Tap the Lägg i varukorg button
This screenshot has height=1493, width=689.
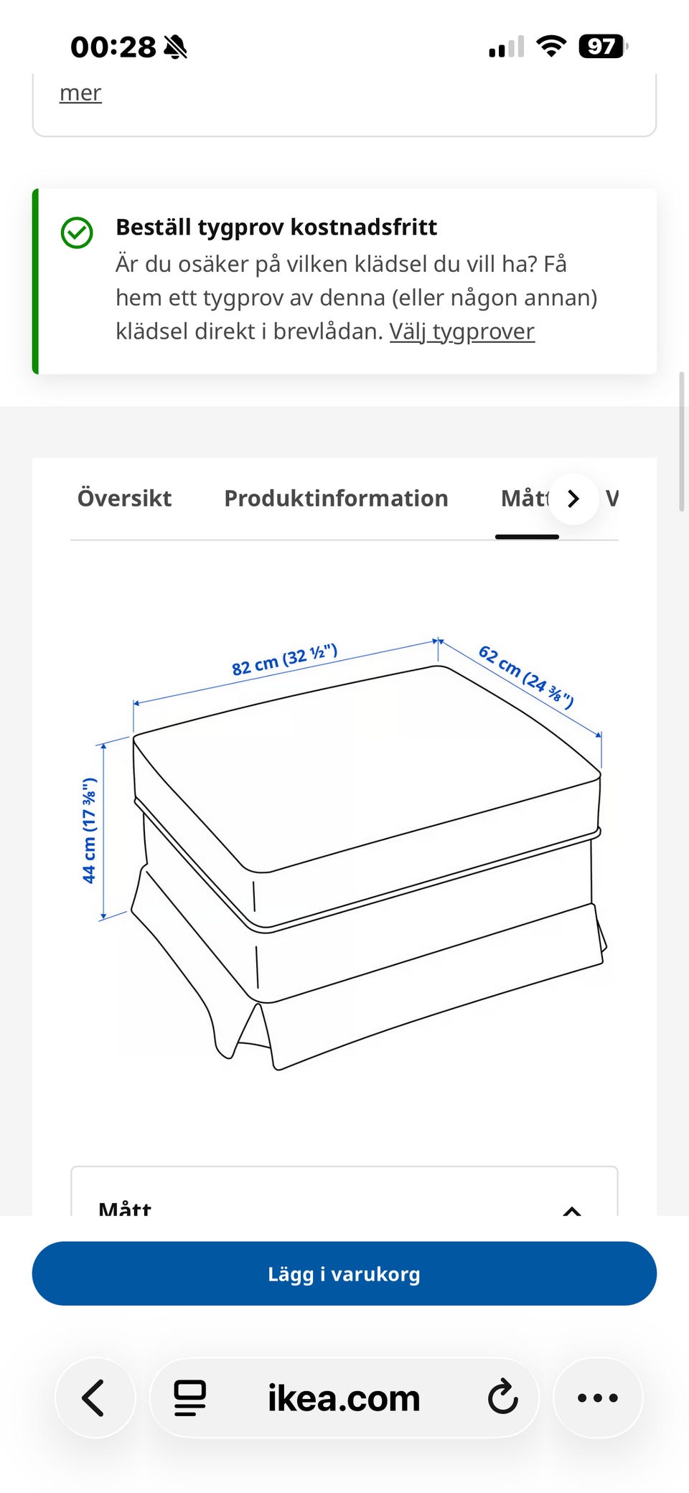(x=344, y=1273)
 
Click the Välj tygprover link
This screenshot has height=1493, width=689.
(x=462, y=331)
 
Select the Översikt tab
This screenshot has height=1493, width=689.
(x=124, y=498)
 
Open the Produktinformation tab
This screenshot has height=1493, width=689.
(x=336, y=498)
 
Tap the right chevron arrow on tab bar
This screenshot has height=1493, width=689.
(x=573, y=499)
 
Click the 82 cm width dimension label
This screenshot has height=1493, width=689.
(x=285, y=659)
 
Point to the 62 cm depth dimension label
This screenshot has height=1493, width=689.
(x=526, y=677)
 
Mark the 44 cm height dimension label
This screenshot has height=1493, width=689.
(x=89, y=830)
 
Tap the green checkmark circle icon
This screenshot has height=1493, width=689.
(x=77, y=233)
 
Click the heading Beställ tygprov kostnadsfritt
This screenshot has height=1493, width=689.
(x=276, y=227)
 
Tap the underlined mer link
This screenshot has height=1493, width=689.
(x=80, y=93)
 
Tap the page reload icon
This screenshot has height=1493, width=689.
(x=502, y=1398)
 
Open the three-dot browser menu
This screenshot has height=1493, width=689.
(x=598, y=1398)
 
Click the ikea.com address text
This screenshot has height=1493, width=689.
(x=344, y=1398)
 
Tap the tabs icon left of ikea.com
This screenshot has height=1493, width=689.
(x=190, y=1398)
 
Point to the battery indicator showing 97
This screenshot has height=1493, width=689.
(x=603, y=47)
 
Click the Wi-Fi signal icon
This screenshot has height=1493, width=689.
(x=551, y=47)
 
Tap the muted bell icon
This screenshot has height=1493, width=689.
(x=176, y=47)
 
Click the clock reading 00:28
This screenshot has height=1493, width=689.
(x=113, y=47)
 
